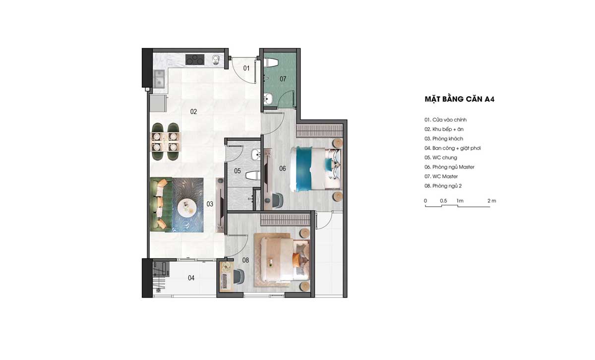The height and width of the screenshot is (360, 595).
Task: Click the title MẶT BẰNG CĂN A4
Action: point(459,99)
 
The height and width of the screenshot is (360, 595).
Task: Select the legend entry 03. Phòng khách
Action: point(444,139)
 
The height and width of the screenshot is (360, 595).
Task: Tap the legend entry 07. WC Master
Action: point(441,177)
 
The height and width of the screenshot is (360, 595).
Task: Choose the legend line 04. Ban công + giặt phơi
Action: point(453,148)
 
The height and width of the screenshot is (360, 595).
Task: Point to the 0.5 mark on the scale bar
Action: point(443,201)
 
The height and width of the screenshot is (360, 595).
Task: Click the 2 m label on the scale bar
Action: point(492,201)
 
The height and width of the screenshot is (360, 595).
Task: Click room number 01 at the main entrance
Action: point(246,68)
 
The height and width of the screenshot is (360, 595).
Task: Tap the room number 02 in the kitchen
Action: point(193,112)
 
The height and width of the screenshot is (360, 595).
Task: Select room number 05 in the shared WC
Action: point(238,171)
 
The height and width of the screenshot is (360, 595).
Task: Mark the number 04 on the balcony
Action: point(191,278)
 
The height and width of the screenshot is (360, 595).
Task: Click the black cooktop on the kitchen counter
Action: point(195,60)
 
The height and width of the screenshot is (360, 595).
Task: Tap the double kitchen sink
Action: point(159,79)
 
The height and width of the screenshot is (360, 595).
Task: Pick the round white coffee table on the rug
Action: point(187,207)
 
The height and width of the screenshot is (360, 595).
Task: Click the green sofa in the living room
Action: point(159,204)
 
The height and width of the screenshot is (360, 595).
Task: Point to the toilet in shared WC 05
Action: point(253,176)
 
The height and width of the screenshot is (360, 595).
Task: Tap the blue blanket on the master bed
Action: point(304,169)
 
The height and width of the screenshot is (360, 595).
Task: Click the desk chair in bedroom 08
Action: point(239,276)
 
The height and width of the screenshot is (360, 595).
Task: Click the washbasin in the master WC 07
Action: point(268,98)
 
